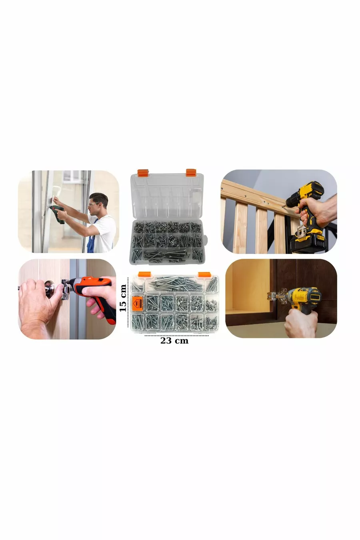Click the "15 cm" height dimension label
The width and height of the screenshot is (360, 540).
click(123, 298)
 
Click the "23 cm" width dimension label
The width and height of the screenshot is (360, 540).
click(174, 341)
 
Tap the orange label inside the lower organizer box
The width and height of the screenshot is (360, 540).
click(138, 302)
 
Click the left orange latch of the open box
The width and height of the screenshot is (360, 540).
click(142, 172)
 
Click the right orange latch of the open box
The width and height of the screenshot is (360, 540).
click(191, 172)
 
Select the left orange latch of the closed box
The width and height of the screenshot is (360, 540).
click(144, 274)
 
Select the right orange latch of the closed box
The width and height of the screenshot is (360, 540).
click(204, 274)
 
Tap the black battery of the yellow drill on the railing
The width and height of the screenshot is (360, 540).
click(308, 243)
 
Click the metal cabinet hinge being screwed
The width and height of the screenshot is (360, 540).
click(277, 296)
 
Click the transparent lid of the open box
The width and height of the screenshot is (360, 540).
click(167, 196)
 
